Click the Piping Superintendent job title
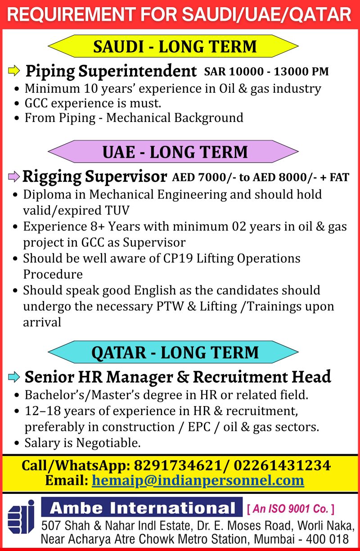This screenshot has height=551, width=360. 111,71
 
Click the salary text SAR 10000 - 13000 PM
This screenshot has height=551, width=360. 266,71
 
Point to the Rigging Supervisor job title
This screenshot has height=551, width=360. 94,176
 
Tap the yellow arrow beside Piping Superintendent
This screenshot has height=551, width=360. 14,71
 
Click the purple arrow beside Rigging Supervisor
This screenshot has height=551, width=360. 14,176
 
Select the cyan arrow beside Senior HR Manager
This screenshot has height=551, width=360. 14,376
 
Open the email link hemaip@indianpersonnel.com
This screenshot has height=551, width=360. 198,480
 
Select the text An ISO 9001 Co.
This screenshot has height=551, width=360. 290,509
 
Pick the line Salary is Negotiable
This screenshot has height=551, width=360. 82,443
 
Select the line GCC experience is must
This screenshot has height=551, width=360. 92,103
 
